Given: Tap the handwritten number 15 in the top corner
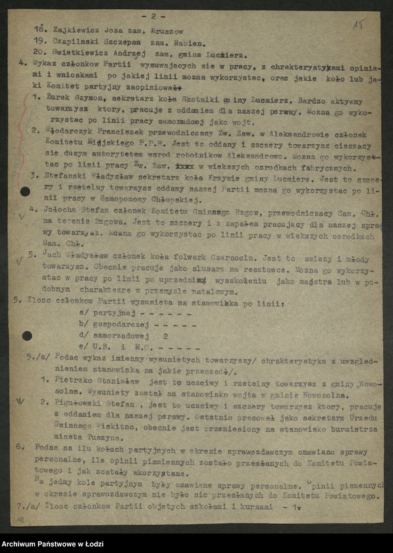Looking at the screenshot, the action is (359, 25).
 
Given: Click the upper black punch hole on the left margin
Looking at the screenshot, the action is (25, 192).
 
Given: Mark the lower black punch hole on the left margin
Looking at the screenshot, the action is (26, 336).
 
